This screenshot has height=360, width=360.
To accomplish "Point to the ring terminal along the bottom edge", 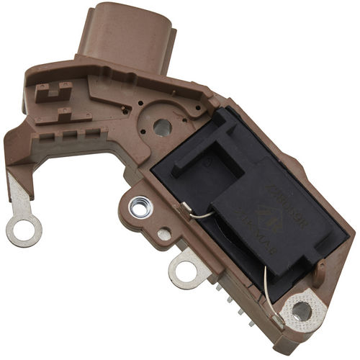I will pos(186,271).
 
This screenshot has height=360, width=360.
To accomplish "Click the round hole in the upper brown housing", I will pos(162,127).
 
